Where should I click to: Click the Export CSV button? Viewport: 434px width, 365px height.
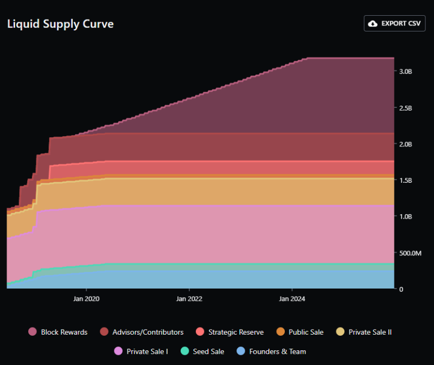click(394, 23)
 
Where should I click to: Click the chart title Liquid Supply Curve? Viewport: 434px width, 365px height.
click(60, 24)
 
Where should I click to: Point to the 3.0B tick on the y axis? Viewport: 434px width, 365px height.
click(406, 72)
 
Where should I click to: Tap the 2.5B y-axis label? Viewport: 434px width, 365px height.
click(406, 108)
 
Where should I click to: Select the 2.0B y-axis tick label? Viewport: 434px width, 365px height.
click(406, 144)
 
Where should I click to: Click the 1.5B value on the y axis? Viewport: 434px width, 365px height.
click(406, 181)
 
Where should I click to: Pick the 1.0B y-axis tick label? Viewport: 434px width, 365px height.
click(406, 216)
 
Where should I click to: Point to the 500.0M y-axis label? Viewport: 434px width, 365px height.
click(410, 253)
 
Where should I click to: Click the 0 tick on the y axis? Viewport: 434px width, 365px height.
click(401, 289)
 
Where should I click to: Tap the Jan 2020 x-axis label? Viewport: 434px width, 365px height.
click(86, 298)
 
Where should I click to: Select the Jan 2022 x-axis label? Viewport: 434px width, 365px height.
click(189, 298)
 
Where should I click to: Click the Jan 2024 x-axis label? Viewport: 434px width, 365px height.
click(291, 298)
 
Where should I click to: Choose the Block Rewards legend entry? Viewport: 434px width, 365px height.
click(58, 332)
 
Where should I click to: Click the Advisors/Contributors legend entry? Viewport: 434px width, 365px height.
click(142, 332)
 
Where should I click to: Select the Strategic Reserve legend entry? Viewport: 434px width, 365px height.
click(229, 332)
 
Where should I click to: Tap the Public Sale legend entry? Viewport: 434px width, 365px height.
click(300, 332)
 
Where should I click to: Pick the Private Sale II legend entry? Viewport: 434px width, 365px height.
click(364, 332)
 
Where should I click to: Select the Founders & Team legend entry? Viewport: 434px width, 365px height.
click(272, 351)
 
